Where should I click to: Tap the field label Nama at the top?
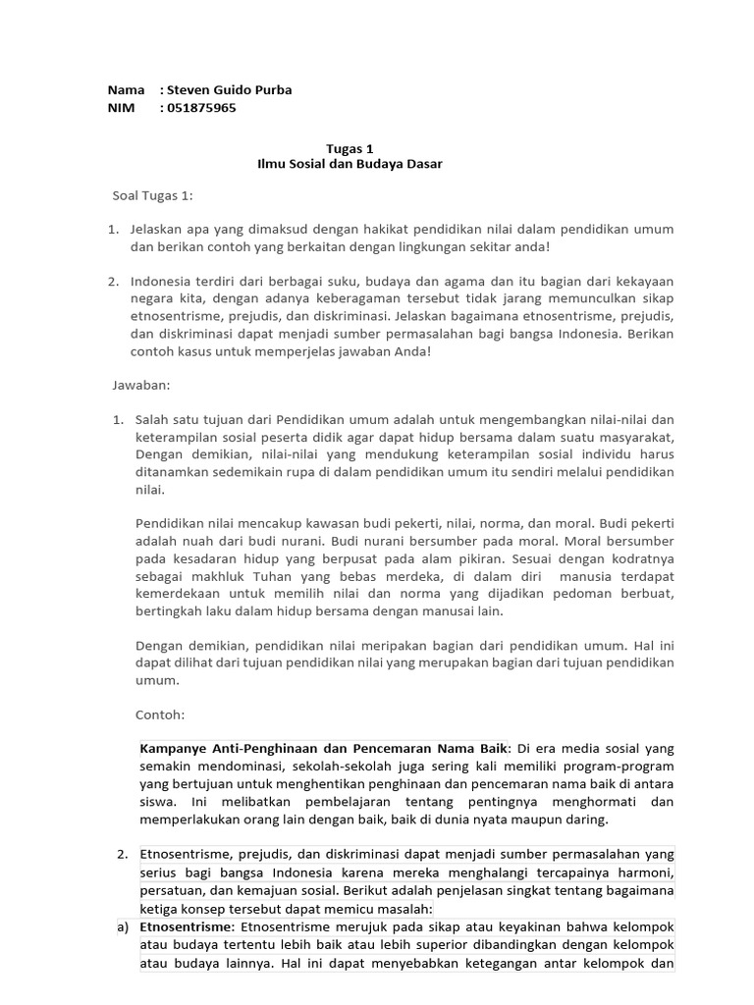(x=126, y=90)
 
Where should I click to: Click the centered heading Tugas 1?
(x=343, y=148)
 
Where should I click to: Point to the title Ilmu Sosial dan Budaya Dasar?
(x=343, y=164)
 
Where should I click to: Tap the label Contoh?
(x=161, y=715)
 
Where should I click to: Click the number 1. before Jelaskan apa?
(x=113, y=229)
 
